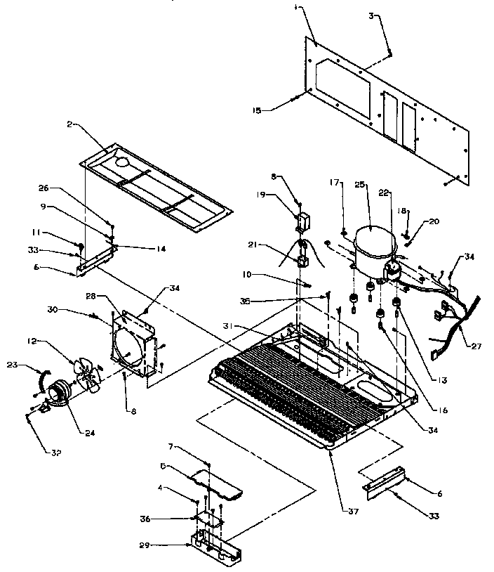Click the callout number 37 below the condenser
[352, 512]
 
